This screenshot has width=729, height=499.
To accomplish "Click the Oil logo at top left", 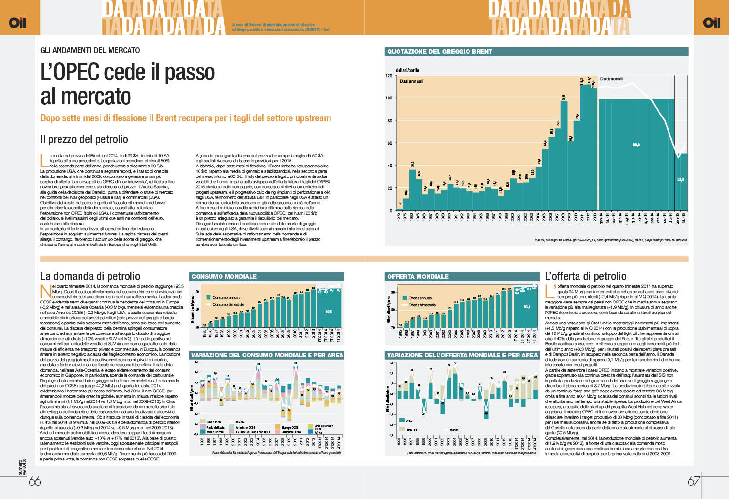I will (17, 22).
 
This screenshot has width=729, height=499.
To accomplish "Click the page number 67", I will (693, 480).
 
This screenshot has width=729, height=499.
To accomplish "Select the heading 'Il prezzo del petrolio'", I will (84, 139).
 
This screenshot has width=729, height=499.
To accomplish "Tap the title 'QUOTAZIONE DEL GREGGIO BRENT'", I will (439, 51).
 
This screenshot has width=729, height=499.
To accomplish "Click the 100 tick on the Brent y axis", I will (389, 98).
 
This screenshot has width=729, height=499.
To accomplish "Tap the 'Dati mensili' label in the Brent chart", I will (611, 79).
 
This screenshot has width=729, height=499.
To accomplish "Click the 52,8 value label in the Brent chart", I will (680, 179).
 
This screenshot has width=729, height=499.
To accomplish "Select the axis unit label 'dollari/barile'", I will (407, 70).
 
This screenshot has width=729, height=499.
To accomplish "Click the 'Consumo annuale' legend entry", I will (226, 297).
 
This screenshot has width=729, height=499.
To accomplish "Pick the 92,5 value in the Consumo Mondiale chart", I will (329, 312).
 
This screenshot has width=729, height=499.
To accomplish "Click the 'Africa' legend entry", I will (318, 432).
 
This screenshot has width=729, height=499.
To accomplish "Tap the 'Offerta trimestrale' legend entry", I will (422, 305).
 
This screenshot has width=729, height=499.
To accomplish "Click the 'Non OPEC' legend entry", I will (412, 430).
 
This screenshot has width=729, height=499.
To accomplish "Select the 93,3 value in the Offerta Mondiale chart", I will (527, 307).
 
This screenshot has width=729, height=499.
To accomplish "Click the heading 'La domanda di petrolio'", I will (90, 276).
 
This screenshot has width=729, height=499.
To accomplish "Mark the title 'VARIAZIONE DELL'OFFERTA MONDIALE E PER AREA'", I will (462, 355).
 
